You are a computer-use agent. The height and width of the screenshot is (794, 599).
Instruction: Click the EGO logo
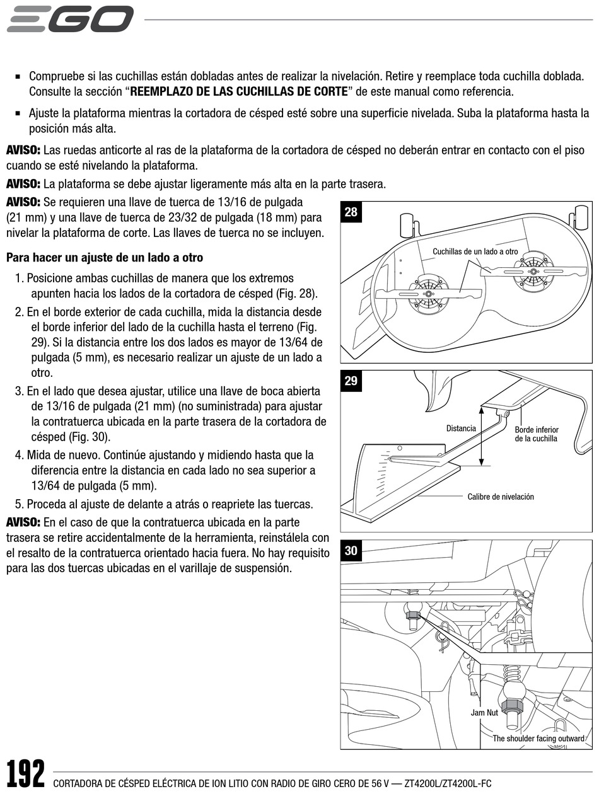pos(70,19)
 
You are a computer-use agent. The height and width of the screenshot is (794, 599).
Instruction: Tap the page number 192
pos(26,774)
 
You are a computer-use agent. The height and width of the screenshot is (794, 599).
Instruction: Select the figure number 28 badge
pos(351,212)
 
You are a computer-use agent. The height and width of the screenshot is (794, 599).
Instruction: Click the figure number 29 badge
pos(351,381)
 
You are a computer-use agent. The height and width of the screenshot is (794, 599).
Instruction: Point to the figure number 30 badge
pos(351,551)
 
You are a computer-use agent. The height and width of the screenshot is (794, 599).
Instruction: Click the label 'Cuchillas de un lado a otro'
pos(475,251)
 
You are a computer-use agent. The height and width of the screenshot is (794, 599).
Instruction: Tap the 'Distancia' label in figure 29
pos(461,429)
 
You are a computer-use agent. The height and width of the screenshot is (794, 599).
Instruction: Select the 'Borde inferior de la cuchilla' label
pos(537,434)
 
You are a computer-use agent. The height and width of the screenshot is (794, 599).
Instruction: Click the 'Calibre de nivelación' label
pos(501,497)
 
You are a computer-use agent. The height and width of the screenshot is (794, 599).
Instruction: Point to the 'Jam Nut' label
pos(484,713)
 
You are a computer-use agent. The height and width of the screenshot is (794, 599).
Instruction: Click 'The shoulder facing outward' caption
pos(538,739)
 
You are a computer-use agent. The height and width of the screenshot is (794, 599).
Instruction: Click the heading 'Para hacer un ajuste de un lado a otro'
pos(105,258)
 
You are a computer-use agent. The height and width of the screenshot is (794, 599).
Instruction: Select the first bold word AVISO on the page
pos(23,151)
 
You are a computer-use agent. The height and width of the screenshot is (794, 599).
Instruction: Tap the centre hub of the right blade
pos(533,272)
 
